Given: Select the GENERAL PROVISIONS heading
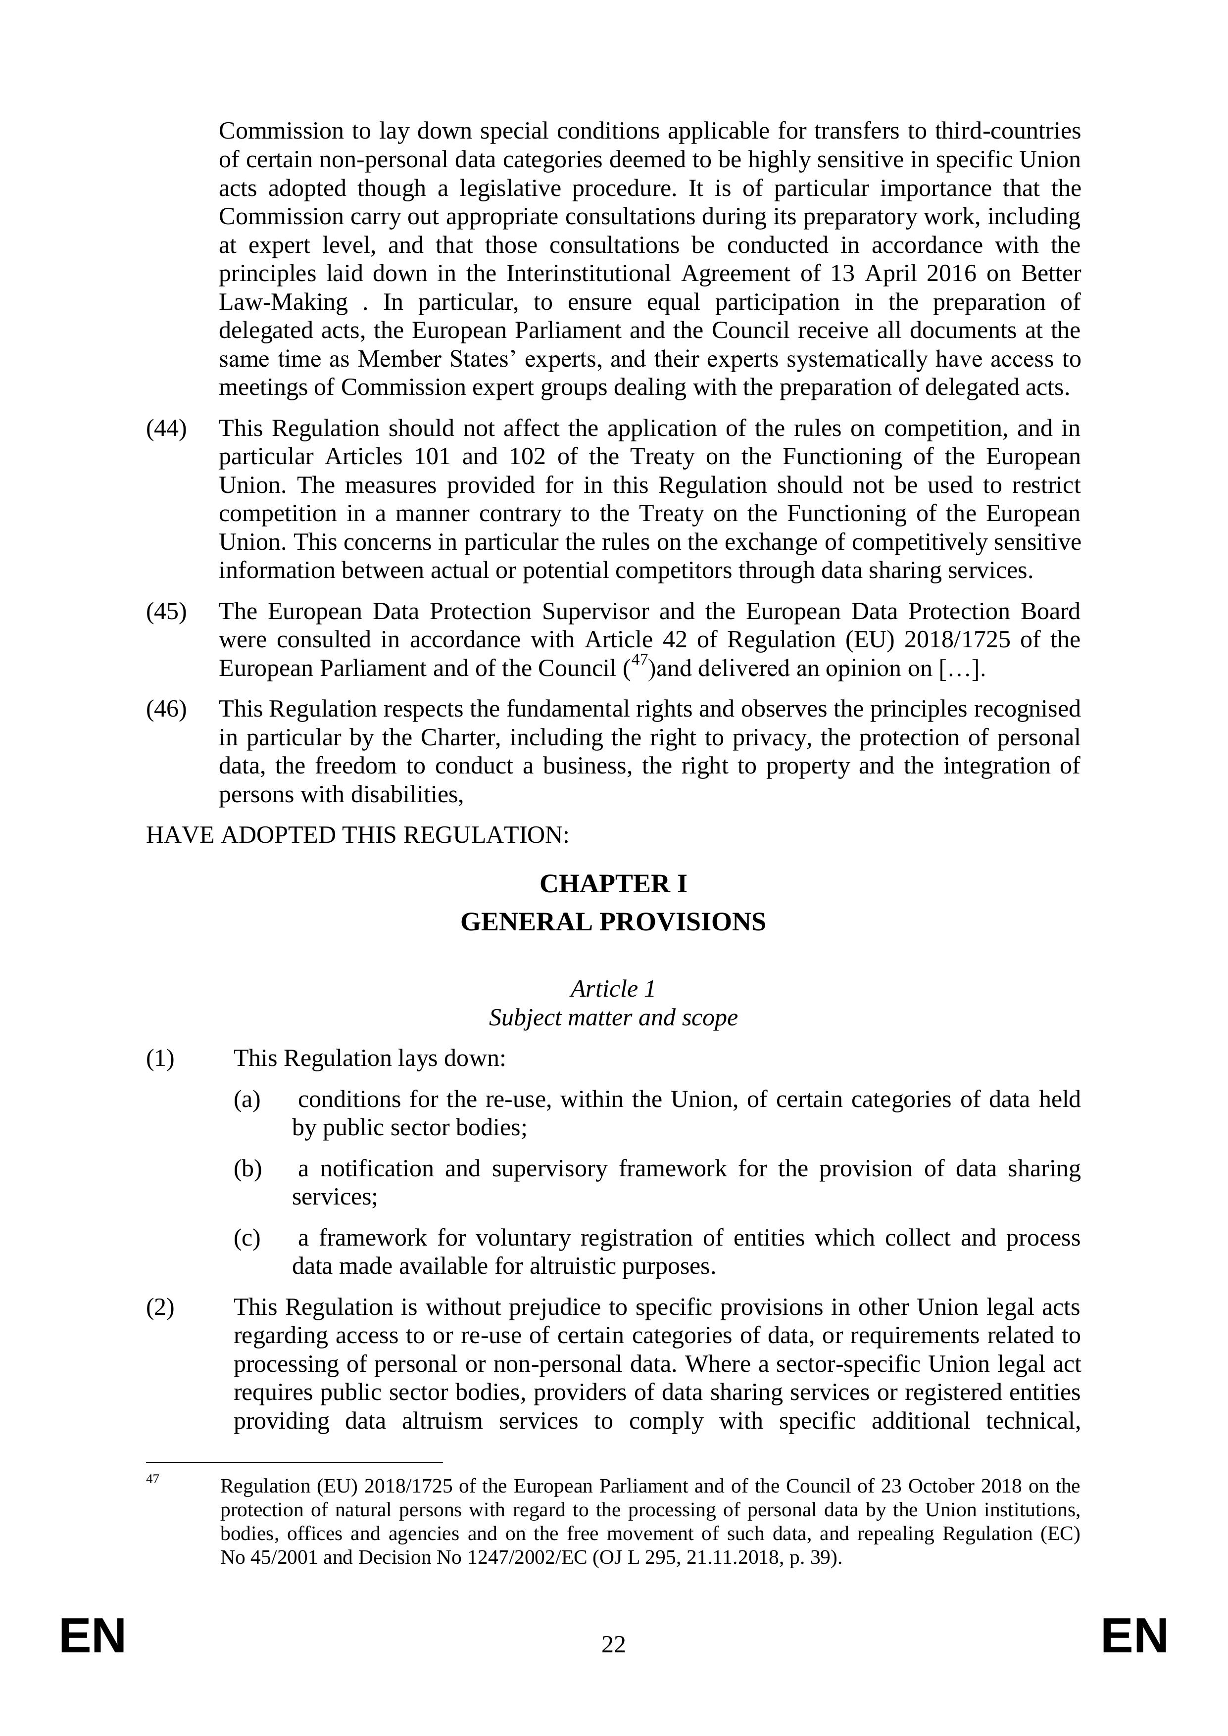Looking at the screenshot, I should pos(613,922).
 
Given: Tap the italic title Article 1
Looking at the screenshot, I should pos(613,989).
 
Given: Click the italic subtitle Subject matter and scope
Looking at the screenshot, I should pos(613,1018).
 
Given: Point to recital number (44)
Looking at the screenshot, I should pos(166,429).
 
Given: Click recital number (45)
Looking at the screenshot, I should pos(166,612).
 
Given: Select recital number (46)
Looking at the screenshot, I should pos(166,709).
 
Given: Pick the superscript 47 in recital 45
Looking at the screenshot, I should pos(639,661).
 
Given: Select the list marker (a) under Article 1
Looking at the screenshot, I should pos(247,1100).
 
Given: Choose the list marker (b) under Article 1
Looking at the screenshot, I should pos(247,1169).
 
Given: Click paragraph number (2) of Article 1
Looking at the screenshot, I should pos(160,1307).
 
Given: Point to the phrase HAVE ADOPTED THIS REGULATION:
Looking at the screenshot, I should pos(357,835).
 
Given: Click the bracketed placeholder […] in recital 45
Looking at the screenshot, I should pos(960,669).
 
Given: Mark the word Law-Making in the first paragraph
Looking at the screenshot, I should pos(284,302).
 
